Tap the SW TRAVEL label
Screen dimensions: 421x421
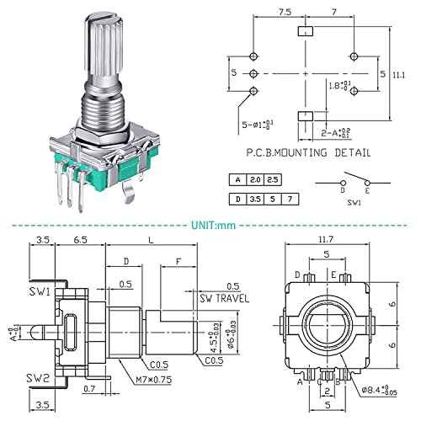click(x=222, y=299)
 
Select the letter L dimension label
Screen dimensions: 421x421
click(x=150, y=240)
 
